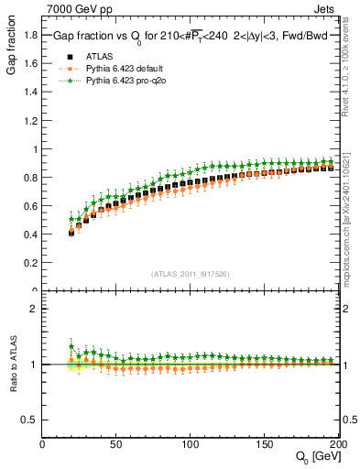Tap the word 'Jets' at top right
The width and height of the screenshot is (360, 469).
click(338, 8)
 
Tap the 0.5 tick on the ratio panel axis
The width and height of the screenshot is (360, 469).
click(31, 420)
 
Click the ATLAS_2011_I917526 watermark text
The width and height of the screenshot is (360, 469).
click(190, 273)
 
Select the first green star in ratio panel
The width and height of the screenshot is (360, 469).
click(71, 347)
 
